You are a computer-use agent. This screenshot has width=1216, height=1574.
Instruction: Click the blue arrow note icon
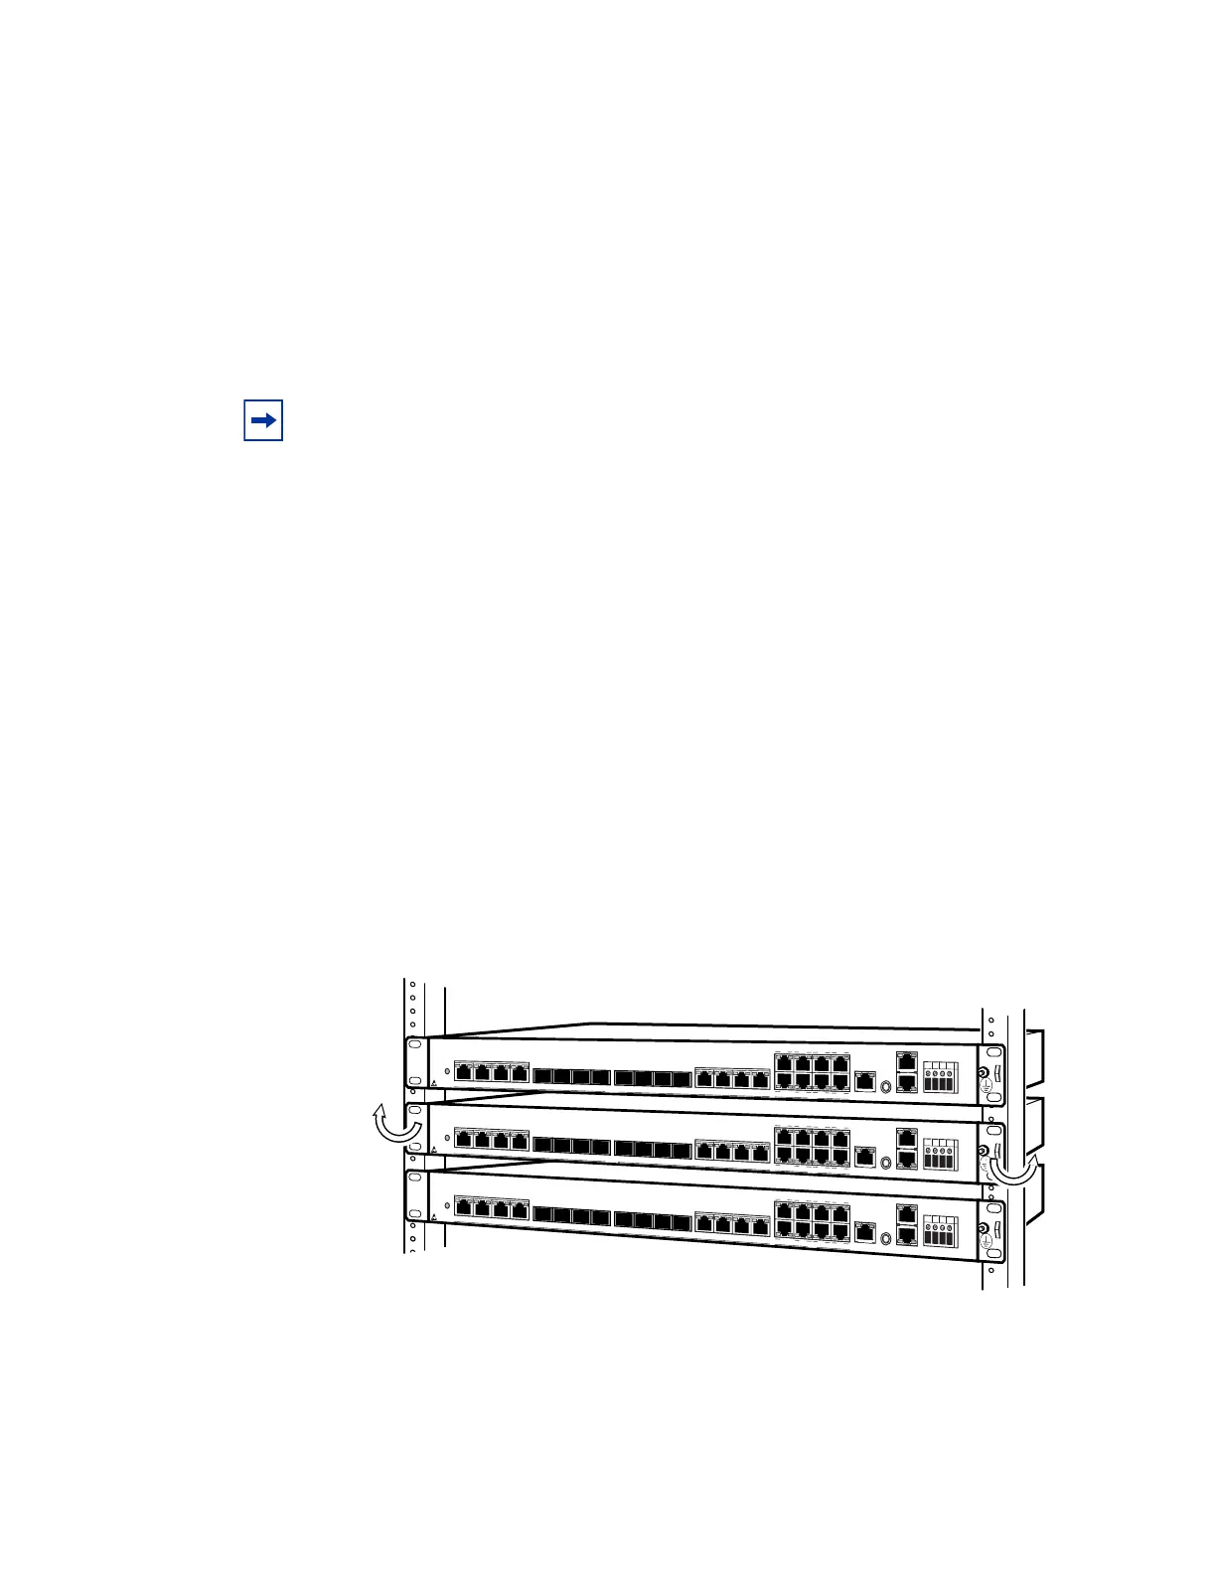tap(263, 420)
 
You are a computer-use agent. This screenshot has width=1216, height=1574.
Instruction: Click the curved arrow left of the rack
tap(393, 1125)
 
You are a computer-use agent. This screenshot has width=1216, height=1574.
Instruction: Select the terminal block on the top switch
tap(940, 1076)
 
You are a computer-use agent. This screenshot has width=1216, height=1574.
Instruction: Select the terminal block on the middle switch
tap(940, 1153)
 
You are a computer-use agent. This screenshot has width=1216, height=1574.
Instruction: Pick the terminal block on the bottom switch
tap(940, 1231)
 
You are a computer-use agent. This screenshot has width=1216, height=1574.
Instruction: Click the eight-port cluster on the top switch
tap(812, 1070)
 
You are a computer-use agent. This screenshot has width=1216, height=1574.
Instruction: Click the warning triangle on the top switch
tap(434, 1082)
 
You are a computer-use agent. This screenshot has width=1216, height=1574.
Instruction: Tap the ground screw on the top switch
tap(985, 1073)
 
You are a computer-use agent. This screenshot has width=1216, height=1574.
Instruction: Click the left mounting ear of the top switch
tap(415, 1062)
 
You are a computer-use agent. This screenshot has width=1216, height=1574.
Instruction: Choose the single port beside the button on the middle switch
tap(865, 1156)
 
